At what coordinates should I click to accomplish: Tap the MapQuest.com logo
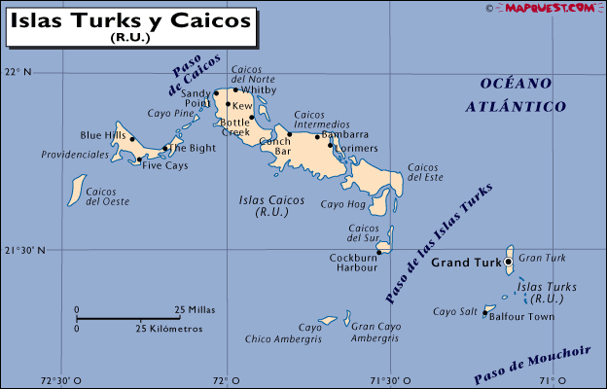549,8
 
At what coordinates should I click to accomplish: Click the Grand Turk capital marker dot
509,262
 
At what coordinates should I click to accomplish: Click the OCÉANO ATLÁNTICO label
516,94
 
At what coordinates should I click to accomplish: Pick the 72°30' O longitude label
60,380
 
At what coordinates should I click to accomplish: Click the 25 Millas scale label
196,310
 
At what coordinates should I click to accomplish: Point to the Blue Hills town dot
132,139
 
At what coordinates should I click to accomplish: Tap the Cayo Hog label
342,204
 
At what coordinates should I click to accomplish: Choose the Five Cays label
165,165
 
